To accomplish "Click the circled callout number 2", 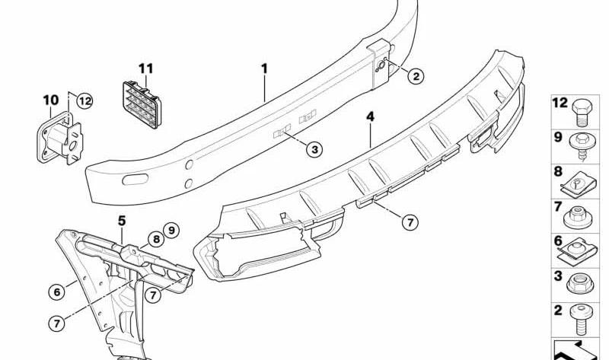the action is (x=416, y=76).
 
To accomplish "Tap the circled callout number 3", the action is (x=314, y=149).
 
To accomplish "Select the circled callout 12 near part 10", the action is (x=84, y=101).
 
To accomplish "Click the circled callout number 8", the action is (x=156, y=239).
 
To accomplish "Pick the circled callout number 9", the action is (x=171, y=231).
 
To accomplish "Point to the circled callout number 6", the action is (x=56, y=292).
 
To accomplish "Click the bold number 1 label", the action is (x=264, y=68).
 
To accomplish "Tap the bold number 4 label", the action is (x=371, y=116).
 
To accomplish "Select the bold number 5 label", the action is (x=122, y=221).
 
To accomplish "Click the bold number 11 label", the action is (x=146, y=68).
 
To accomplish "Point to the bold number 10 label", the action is (x=51, y=100).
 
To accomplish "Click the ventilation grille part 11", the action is (x=142, y=104).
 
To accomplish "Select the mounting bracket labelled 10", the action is (x=60, y=139).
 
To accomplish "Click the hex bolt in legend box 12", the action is (x=580, y=112).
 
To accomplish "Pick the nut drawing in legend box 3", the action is (x=580, y=283).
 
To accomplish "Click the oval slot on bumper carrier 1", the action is (x=136, y=180).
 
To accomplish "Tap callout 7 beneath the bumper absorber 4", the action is (x=410, y=222).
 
